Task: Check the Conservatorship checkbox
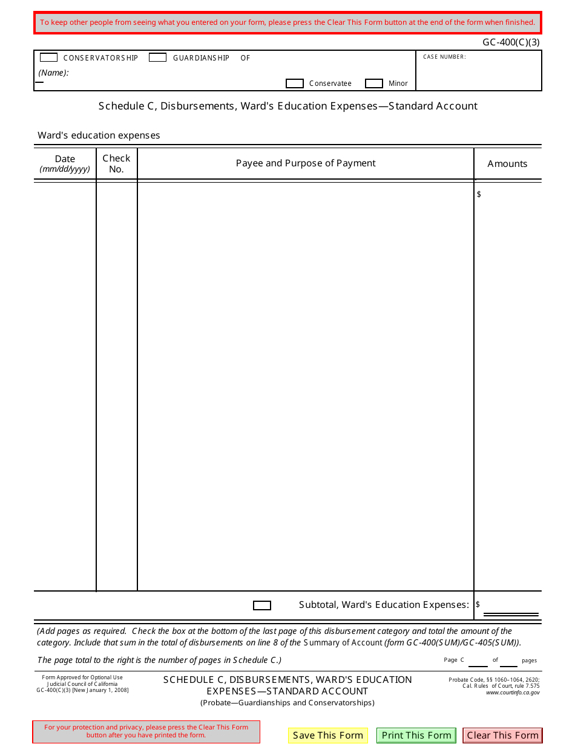(48, 57)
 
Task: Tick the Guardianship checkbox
(157, 57)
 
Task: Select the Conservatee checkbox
(294, 83)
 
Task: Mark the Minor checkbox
(374, 83)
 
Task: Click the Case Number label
(444, 57)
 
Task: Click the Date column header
(65, 163)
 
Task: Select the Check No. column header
(116, 163)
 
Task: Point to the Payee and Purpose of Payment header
(306, 163)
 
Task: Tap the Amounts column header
(507, 164)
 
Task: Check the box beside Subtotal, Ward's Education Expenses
(261, 605)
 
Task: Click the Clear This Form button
(502, 736)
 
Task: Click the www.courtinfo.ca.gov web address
(513, 693)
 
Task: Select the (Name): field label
(54, 73)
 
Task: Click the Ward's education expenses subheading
(99, 135)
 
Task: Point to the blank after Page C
(478, 660)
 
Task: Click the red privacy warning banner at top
(287, 23)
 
